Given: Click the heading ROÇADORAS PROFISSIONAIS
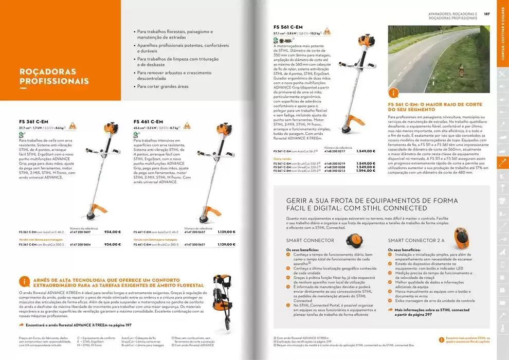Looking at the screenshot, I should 54,76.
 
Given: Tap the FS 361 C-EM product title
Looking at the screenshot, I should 31,121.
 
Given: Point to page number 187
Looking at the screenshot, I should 486,14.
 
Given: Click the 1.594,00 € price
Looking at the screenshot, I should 366,171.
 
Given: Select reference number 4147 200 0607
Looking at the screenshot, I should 80,232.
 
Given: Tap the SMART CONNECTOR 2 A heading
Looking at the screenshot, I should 416,240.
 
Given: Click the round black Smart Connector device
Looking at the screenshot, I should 354,240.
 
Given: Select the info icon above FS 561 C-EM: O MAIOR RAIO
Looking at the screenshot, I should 394,93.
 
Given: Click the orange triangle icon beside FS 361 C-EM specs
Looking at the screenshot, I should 72,126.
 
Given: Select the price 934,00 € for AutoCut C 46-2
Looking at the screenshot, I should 112,232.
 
